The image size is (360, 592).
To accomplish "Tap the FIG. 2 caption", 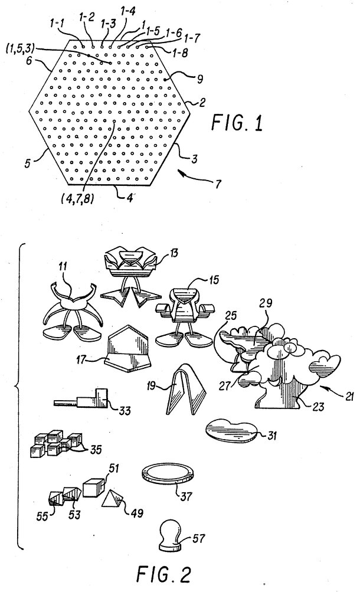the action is (163, 575).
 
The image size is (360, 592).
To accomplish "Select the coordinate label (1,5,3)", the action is (21, 48).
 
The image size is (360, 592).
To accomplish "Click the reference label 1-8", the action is (179, 53).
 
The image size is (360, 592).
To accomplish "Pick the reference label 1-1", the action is (57, 23).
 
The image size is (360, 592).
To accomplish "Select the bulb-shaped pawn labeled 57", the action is (171, 533).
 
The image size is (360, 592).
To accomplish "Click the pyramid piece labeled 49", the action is (112, 499).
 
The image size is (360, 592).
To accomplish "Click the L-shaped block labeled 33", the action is (82, 398).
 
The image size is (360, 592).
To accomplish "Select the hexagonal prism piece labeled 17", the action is (129, 348).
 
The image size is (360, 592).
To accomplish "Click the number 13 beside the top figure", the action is (174, 253).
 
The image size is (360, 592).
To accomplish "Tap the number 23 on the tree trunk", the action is (319, 407).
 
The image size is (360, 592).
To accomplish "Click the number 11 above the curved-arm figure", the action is (63, 267).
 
